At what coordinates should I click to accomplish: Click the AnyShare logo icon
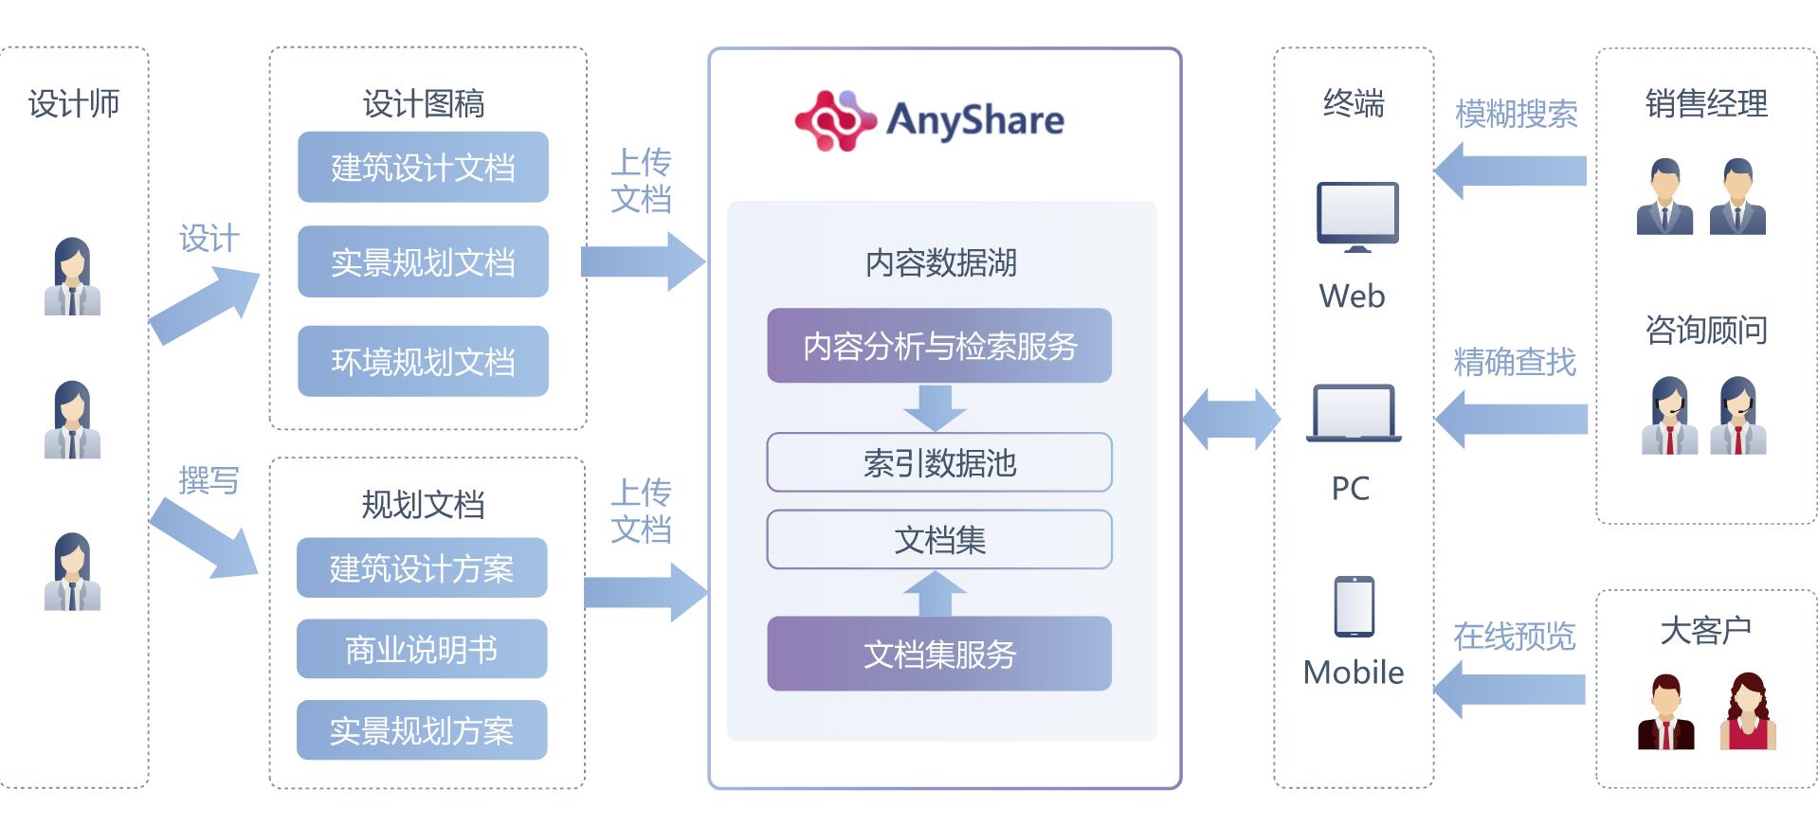[x=833, y=120]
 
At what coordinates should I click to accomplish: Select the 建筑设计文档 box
[x=423, y=168]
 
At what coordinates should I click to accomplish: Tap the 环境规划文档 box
[x=423, y=361]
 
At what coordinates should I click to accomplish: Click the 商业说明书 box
[x=422, y=649]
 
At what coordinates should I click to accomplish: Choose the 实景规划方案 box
[x=422, y=730]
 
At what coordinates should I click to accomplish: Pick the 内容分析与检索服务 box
[x=938, y=346]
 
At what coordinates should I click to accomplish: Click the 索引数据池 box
[x=938, y=462]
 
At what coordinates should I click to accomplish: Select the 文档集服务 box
[x=938, y=654]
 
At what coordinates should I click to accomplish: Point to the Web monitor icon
[x=1356, y=217]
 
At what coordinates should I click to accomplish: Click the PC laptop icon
[x=1353, y=413]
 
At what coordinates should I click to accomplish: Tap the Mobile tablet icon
[x=1354, y=606]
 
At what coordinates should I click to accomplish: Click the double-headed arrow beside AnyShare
[x=1230, y=418]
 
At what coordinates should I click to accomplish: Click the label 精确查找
[x=1514, y=362]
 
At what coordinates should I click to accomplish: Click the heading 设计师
[x=74, y=103]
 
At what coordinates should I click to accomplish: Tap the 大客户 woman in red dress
[x=1747, y=711]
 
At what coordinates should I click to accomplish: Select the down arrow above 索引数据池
[x=935, y=407]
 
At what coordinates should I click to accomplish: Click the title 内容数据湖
[x=940, y=262]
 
